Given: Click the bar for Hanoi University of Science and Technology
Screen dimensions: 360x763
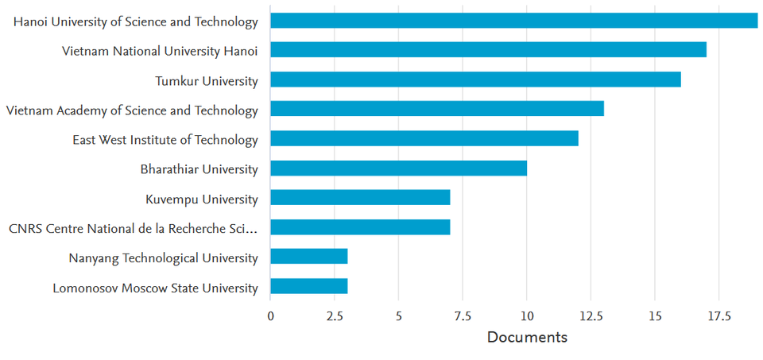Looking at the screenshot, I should tap(513, 21).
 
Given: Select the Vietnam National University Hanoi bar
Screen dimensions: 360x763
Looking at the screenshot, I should tap(488, 51).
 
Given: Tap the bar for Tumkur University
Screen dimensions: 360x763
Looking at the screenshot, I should tap(475, 80).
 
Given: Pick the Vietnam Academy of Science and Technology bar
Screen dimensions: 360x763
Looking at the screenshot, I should tap(437, 109).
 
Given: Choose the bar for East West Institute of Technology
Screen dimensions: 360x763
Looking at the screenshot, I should tap(424, 138).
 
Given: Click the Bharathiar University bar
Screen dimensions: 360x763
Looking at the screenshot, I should tap(398, 168).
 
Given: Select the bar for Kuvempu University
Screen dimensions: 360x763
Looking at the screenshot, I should tap(360, 198).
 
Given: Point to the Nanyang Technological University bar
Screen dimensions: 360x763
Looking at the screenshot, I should tap(308, 257).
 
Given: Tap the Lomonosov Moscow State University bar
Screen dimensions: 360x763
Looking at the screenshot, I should tap(308, 286).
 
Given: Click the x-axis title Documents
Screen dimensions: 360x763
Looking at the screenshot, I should tap(527, 338).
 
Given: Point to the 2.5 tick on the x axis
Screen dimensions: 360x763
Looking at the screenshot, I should tap(335, 316).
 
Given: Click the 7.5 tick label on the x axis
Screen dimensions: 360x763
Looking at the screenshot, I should tap(463, 316).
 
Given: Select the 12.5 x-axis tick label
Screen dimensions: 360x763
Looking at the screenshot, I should tap(591, 316).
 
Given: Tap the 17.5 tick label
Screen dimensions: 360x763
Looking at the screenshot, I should tap(718, 316).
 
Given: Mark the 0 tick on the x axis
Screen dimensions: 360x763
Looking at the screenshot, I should tap(270, 316).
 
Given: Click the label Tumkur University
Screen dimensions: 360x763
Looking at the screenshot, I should tap(206, 81).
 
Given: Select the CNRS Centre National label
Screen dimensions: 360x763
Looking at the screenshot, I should tap(134, 229).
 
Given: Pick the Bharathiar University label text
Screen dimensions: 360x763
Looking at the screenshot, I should tap(199, 169).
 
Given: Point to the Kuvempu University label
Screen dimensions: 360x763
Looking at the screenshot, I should tap(202, 199).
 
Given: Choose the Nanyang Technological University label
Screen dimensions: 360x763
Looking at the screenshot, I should tap(151, 258).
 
